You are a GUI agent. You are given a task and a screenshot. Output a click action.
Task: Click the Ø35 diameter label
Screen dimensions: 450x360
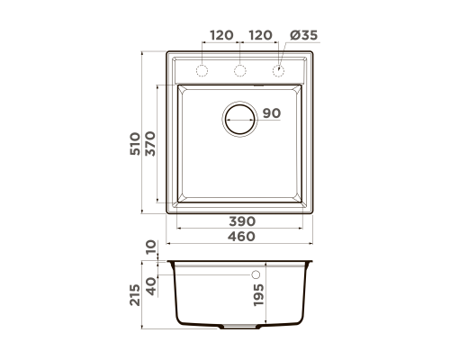(x=303, y=35)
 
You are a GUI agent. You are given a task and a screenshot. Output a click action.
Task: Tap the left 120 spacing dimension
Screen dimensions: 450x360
(x=221, y=35)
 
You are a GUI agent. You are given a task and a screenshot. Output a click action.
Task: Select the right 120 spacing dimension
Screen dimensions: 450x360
(x=260, y=35)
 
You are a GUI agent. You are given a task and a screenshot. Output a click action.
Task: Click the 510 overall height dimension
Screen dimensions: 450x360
(x=135, y=144)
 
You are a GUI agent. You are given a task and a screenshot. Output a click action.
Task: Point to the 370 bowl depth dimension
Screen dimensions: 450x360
(x=150, y=144)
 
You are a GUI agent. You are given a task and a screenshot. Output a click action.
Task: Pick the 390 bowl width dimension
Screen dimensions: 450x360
(x=242, y=221)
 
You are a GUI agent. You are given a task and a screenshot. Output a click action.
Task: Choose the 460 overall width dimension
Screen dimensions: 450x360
(x=241, y=237)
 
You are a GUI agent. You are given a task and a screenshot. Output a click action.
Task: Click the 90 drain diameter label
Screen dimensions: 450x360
(x=272, y=113)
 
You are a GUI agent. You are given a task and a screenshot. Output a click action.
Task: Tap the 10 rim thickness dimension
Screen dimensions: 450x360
(x=151, y=247)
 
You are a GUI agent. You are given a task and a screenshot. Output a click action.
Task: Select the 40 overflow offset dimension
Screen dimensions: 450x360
(x=151, y=286)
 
